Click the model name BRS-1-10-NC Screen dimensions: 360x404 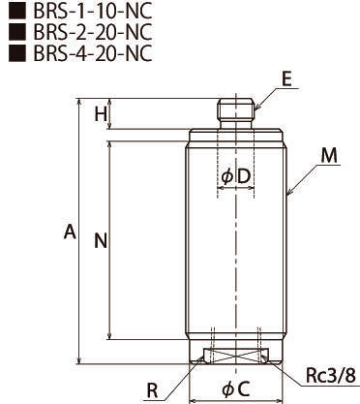pos(93,12)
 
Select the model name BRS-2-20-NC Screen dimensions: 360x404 pos(93,32)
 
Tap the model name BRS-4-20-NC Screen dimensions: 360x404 pos(93,53)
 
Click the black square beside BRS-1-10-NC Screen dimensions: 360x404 pos(16,12)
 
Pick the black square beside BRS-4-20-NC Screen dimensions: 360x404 pos(16,53)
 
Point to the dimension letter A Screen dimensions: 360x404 pos(70,232)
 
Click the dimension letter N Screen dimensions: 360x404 pos(101,241)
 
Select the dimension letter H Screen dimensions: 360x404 pos(101,114)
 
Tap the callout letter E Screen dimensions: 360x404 pos(286,79)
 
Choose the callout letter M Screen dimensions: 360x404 pos(329,155)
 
